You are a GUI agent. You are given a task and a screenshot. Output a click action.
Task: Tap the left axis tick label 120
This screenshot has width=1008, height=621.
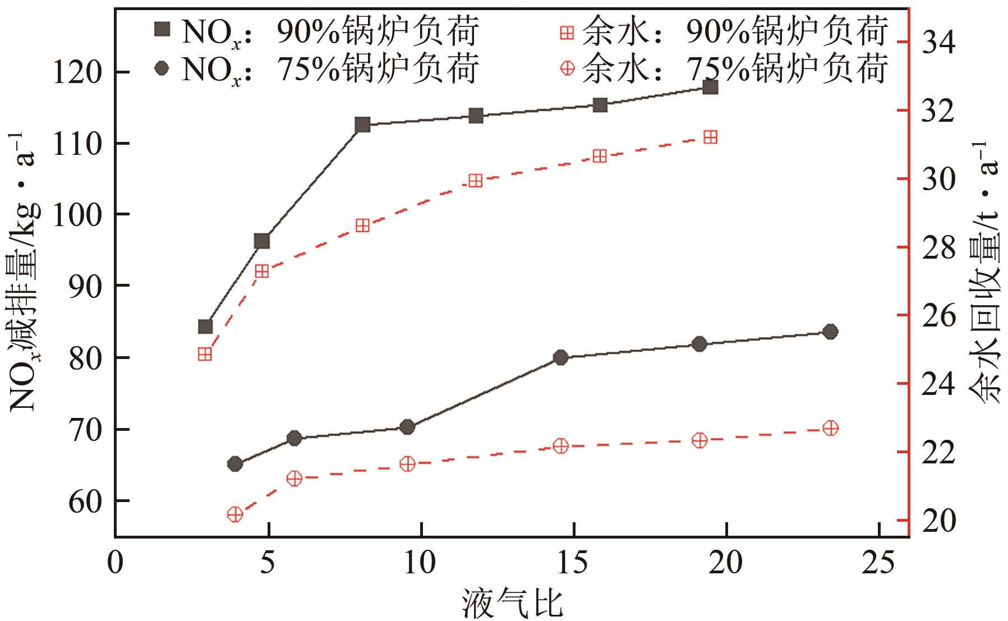click(77, 73)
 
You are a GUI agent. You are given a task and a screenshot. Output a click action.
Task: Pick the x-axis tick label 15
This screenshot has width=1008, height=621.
click(573, 563)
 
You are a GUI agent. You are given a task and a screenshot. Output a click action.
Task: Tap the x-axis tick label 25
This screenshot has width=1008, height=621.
click(879, 563)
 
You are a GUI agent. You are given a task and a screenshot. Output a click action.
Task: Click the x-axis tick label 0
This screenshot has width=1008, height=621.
click(116, 563)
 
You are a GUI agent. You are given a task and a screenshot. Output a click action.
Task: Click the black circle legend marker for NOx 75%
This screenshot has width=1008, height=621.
click(162, 68)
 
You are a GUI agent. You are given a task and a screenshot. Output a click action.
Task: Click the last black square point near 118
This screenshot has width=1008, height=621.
click(710, 87)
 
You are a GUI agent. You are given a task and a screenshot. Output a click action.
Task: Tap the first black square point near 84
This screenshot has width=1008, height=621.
click(205, 326)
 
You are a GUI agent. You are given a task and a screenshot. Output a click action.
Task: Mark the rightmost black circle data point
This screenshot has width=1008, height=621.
click(831, 332)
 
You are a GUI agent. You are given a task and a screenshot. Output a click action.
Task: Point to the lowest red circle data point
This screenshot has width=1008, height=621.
click(234, 514)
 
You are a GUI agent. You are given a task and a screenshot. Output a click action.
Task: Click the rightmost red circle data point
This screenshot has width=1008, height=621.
click(831, 428)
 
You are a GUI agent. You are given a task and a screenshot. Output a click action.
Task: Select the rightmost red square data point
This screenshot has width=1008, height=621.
click(710, 137)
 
